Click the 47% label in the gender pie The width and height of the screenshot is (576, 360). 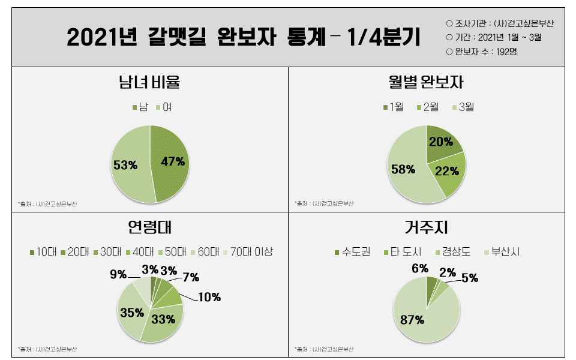coord(173,161)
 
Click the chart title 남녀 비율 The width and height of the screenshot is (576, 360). coord(149,82)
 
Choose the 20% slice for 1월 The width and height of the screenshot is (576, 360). coord(442,142)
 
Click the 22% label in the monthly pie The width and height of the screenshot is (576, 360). coord(446,171)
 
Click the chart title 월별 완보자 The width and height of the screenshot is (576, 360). coord(426,82)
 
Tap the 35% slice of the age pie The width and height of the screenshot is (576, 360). coord(131,312)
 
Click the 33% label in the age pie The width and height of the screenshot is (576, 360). coord(163,319)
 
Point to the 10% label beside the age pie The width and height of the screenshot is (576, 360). coord(209,297)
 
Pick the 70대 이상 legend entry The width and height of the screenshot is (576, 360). coord(248,252)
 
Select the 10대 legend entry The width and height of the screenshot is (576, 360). coord(42,252)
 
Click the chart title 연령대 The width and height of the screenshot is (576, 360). coord(150,228)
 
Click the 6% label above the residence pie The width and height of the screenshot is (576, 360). coord(420,268)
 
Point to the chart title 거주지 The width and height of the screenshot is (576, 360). coord(426,228)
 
